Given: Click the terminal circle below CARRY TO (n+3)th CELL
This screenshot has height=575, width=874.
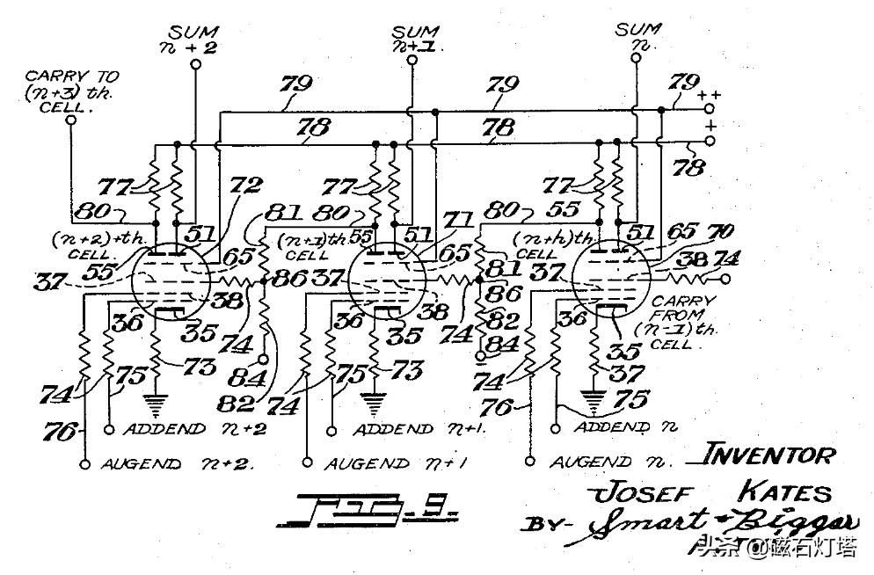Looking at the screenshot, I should [70, 120].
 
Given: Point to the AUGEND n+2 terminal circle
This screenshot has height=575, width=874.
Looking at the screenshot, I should [85, 463].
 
